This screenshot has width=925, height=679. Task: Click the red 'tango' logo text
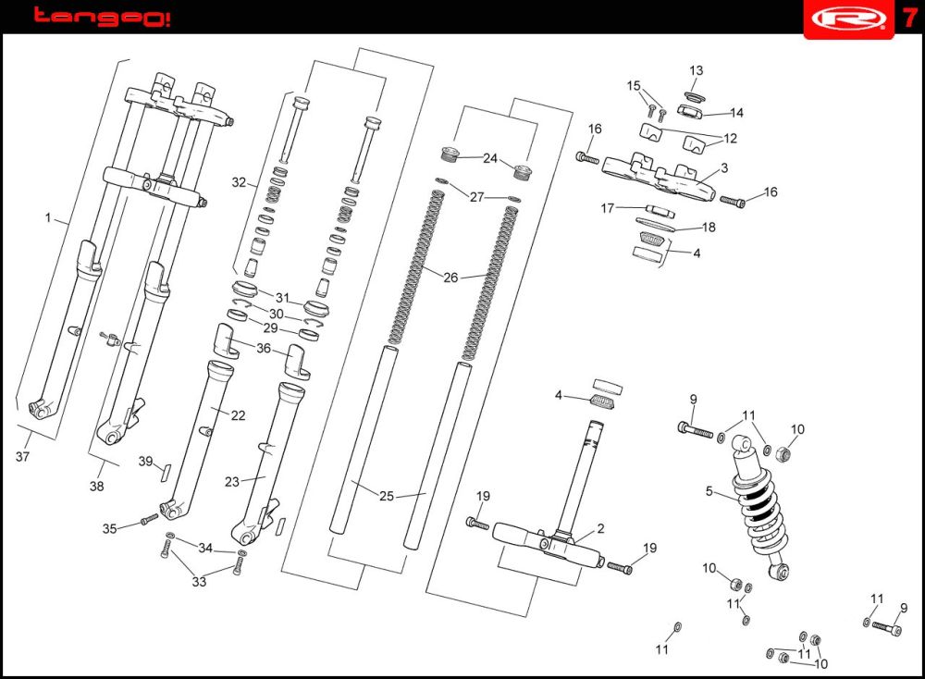click(101, 17)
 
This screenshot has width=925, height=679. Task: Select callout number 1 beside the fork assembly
click(48, 218)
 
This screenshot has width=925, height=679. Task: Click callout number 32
click(239, 182)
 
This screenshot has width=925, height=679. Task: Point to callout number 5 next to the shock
click(709, 491)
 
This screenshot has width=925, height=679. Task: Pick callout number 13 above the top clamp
click(697, 70)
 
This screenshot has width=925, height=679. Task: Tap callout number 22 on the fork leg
click(238, 415)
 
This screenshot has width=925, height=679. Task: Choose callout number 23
click(232, 482)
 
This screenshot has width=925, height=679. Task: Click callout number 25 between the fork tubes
click(387, 496)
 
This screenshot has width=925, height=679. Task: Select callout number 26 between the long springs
click(450, 277)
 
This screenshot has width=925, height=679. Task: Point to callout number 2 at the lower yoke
click(600, 528)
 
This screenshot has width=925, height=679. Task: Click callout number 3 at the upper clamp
click(724, 167)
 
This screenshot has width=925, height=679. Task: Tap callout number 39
click(145, 462)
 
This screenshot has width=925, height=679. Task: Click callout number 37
click(23, 456)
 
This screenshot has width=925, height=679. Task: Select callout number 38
click(97, 487)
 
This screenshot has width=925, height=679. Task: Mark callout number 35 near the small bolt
click(110, 529)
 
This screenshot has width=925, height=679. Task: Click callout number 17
click(608, 208)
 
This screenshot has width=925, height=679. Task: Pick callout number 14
click(736, 113)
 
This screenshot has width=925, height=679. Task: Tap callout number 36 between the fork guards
click(264, 348)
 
